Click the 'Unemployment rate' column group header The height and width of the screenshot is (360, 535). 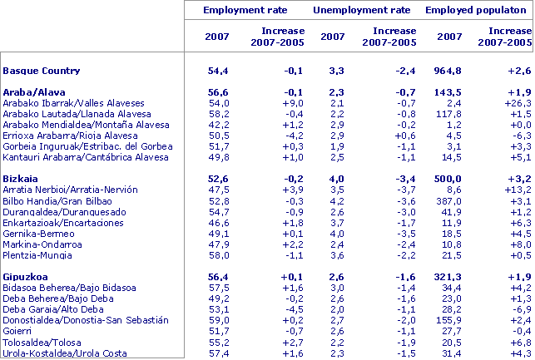tap(362, 10)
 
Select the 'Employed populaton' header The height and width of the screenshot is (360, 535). tap(478, 10)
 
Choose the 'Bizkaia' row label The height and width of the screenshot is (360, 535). tap(22, 179)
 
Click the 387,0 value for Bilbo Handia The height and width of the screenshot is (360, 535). tap(449, 200)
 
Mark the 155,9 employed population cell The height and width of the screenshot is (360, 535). tap(449, 319)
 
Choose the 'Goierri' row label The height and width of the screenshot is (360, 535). tap(19, 330)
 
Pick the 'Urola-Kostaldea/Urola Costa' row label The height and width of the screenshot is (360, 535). tap(65, 353)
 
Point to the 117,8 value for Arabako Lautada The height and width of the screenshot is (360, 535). tap(449, 113)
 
